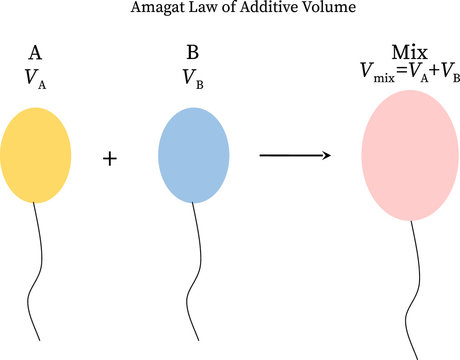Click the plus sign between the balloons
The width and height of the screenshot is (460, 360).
coord(112,157)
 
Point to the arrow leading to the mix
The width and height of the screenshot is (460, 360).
coord(295,155)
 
